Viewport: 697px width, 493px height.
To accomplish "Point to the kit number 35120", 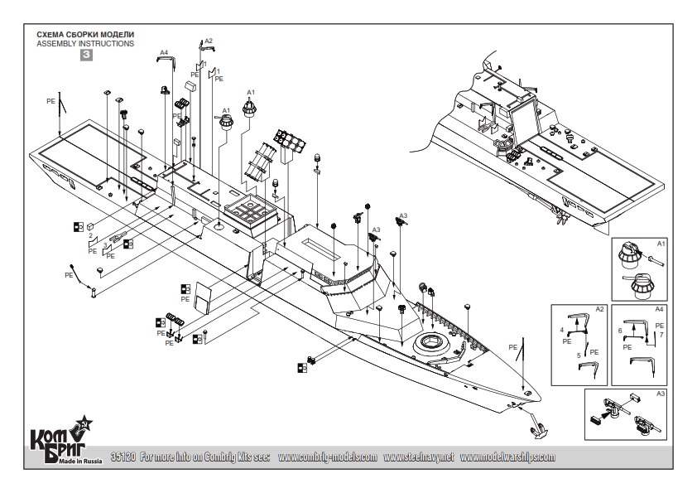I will tap(123, 457).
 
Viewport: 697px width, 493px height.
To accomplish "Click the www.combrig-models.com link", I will tap(328, 457).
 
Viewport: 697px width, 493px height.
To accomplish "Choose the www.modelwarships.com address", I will tap(507, 457).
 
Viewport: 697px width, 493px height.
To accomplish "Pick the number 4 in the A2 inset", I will tap(561, 330).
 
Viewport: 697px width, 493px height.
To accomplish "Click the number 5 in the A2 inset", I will tap(579, 354).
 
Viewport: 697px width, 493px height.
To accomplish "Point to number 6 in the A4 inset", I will tap(620, 330).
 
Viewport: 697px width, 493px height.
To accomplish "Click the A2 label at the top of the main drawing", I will tap(208, 41).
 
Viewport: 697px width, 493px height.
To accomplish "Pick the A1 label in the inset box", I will tap(661, 244).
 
